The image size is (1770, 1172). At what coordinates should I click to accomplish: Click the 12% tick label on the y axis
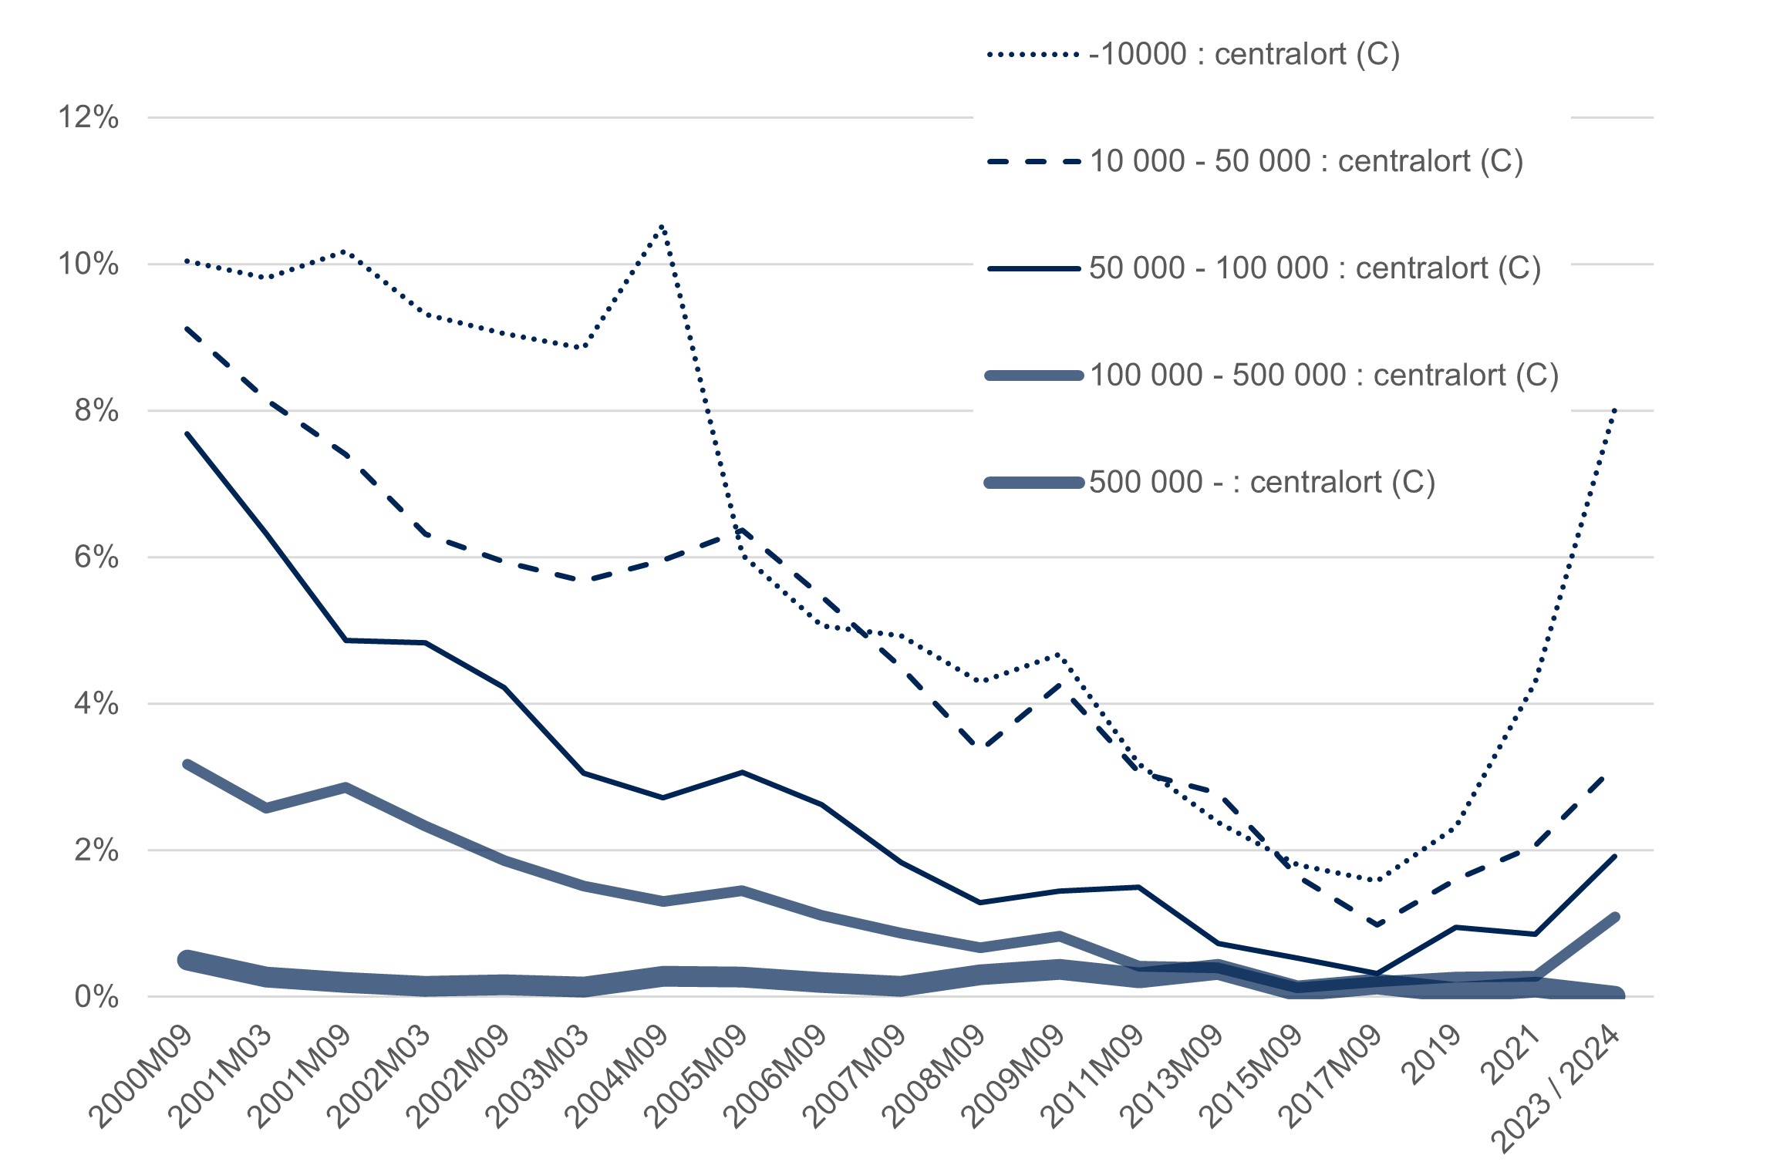[x=89, y=118]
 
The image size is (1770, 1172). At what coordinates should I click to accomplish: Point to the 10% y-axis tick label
[x=89, y=264]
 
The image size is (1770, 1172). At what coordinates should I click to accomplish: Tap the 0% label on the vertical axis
[x=96, y=997]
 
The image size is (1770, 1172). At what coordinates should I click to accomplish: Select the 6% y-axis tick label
[x=96, y=557]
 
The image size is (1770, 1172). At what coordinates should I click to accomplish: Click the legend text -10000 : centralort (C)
[x=1244, y=55]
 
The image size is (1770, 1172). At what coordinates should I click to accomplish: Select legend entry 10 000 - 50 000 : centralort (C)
[x=1306, y=162]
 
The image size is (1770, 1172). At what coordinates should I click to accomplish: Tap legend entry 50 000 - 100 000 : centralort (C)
[x=1314, y=268]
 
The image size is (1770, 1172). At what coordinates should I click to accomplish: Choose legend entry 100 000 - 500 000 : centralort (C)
[x=1323, y=376]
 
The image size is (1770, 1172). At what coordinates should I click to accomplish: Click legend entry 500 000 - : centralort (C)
[x=1262, y=483]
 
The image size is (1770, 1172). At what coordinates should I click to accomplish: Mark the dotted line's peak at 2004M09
[x=662, y=224]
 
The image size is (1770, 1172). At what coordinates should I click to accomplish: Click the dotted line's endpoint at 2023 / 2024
[x=1614, y=409]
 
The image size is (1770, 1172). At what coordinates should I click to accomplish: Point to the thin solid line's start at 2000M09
[x=187, y=434]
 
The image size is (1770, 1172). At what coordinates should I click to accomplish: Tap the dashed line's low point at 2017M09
[x=1377, y=924]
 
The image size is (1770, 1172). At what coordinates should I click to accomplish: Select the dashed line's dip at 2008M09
[x=980, y=746]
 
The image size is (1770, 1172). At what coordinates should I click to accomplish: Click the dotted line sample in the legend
[x=1033, y=55]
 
